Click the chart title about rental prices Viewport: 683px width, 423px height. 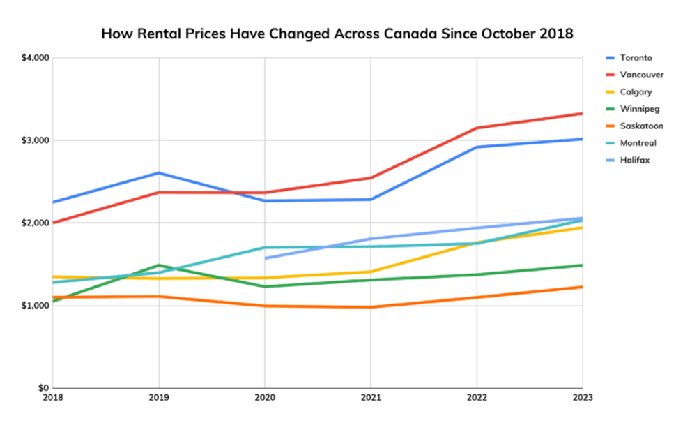click(337, 34)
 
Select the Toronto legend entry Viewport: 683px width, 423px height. click(635, 58)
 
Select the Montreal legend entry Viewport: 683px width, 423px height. click(638, 143)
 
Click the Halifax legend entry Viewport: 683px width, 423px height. click(634, 161)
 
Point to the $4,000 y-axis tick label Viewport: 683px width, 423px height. click(35, 58)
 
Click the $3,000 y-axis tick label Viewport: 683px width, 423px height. click(35, 140)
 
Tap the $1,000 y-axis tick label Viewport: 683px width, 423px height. click(35, 306)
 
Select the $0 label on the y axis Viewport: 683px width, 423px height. click(42, 388)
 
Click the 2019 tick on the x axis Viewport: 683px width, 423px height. click(158, 398)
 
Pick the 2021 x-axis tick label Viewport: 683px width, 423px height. click(370, 398)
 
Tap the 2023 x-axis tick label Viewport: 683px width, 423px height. click(581, 398)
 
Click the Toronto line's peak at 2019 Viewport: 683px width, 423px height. click(159, 172)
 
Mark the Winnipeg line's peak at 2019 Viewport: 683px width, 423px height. click(159, 265)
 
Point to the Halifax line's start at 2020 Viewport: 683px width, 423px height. click(265, 258)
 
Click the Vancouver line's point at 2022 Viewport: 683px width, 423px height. click(477, 128)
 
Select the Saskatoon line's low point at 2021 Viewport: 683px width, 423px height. click(371, 307)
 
